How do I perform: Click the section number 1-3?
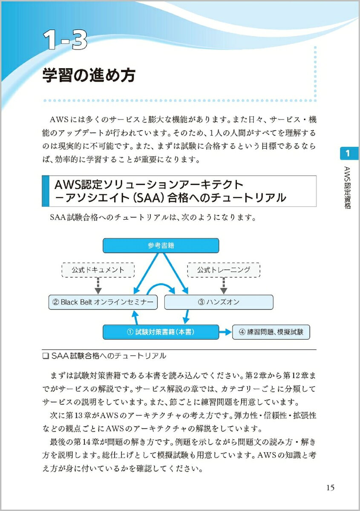pos(65,40)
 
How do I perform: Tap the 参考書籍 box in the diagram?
pos(161,245)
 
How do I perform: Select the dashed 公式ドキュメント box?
pos(98,270)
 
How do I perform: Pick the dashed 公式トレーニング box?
pos(224,270)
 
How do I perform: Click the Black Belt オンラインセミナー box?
pos(103,302)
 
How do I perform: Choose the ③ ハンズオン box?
pos(219,302)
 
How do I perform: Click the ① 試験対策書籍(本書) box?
pos(161,332)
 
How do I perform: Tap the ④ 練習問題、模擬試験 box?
pos(271,332)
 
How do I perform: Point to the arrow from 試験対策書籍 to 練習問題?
pos(225,332)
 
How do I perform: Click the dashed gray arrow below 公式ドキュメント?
pos(98,286)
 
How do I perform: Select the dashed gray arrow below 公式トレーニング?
pos(224,286)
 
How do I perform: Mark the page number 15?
pos(330,487)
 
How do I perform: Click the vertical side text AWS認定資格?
pos(348,187)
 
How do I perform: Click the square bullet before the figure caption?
pos(46,356)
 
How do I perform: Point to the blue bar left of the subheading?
pos(46,191)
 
